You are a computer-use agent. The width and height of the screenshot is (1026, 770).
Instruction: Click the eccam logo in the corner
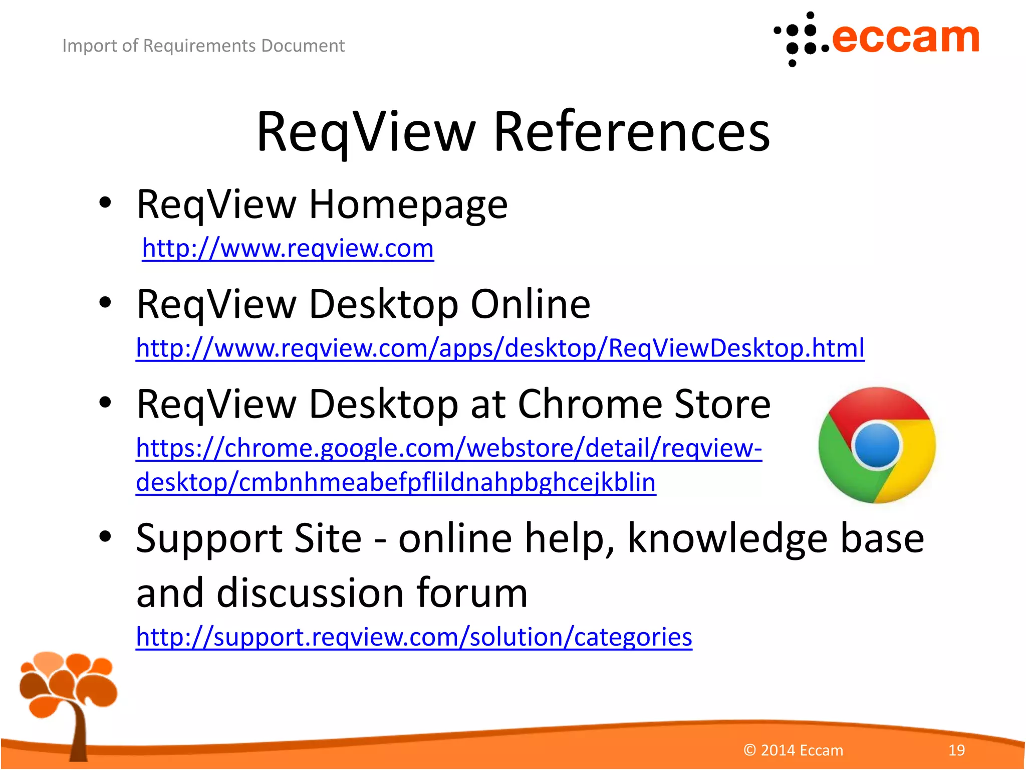pos(877,39)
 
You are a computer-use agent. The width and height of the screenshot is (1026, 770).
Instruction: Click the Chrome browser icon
pos(877,445)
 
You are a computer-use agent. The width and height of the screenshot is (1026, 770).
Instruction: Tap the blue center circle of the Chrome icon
pos(877,445)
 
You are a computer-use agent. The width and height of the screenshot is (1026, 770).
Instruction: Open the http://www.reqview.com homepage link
pos(288,248)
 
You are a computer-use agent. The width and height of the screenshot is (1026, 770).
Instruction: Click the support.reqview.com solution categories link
pos(414,637)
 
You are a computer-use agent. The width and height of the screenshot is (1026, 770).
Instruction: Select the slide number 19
pos(956,750)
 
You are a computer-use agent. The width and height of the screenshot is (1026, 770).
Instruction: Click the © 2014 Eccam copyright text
pos(794,750)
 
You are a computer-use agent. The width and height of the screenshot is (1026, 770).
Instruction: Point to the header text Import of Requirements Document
pos(203,46)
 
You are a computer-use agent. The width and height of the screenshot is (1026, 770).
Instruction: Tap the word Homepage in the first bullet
pos(408,205)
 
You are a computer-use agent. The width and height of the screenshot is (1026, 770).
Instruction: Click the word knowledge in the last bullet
pos(728,538)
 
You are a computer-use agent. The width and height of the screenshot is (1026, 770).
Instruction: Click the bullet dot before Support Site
pos(105,536)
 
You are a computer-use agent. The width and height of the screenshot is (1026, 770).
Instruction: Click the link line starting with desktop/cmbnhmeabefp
pos(396,482)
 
